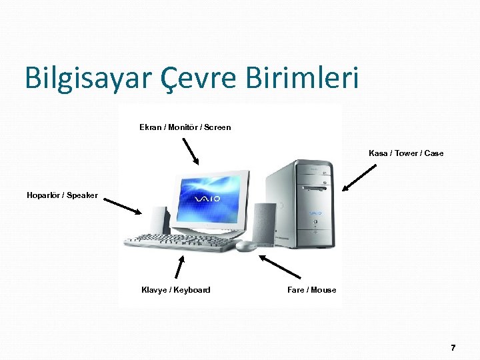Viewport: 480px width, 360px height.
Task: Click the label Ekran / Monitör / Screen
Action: (185, 127)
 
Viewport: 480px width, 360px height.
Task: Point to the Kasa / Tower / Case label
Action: (405, 153)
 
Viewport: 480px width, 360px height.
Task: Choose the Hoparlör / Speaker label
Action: (62, 195)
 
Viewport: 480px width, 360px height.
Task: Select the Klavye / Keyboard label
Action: (175, 289)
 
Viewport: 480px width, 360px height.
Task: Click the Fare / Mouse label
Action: (311, 289)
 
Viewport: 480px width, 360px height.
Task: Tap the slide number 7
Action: (453, 348)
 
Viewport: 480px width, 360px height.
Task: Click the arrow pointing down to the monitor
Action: (191, 151)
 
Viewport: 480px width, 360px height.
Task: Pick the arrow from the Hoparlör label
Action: (123, 205)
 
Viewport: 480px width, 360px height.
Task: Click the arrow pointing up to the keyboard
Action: (179, 266)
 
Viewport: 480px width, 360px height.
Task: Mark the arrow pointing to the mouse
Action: (280, 266)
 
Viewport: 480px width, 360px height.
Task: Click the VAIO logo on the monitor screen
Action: (207, 199)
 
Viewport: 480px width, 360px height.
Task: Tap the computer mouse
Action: (246, 245)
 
